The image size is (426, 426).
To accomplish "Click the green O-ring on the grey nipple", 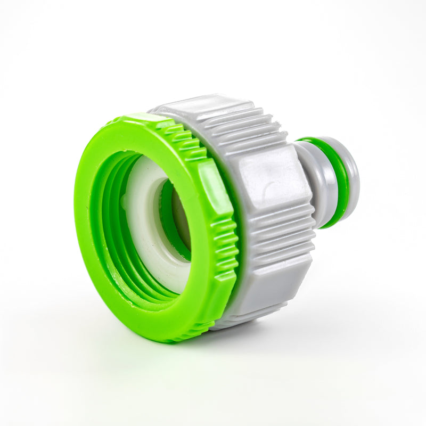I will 337,181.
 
